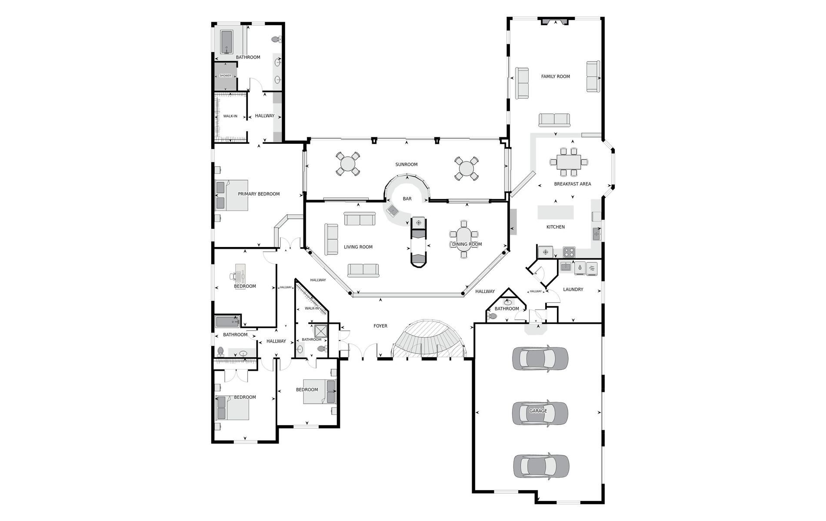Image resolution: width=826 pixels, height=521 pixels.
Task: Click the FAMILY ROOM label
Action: click(x=555, y=76)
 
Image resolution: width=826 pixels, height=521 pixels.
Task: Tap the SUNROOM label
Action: click(x=406, y=165)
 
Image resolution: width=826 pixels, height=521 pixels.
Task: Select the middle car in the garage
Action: click(x=540, y=412)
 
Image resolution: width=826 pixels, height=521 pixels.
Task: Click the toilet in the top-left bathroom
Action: click(x=276, y=40)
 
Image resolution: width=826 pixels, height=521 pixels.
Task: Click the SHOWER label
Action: click(x=225, y=76)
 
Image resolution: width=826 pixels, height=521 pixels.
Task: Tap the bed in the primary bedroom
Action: click(x=232, y=195)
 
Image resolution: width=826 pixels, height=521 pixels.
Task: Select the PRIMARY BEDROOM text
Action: click(x=259, y=194)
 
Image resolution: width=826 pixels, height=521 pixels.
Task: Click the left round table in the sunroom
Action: click(x=348, y=164)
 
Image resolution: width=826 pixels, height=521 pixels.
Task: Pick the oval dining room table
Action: click(x=464, y=239)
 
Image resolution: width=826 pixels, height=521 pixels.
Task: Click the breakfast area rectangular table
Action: click(x=569, y=162)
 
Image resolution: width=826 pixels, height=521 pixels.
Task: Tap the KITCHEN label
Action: click(x=556, y=227)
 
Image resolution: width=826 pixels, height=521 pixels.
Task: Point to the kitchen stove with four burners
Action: click(x=569, y=252)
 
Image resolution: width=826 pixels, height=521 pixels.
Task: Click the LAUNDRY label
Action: click(x=573, y=290)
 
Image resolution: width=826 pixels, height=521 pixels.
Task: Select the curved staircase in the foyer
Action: click(x=429, y=339)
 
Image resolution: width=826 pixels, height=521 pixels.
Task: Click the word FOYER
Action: click(x=380, y=326)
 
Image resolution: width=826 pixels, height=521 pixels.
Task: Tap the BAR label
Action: click(x=407, y=199)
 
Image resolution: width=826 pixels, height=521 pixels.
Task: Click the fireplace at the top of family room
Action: click(x=554, y=21)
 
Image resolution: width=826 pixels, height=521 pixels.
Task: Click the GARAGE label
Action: click(x=538, y=411)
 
